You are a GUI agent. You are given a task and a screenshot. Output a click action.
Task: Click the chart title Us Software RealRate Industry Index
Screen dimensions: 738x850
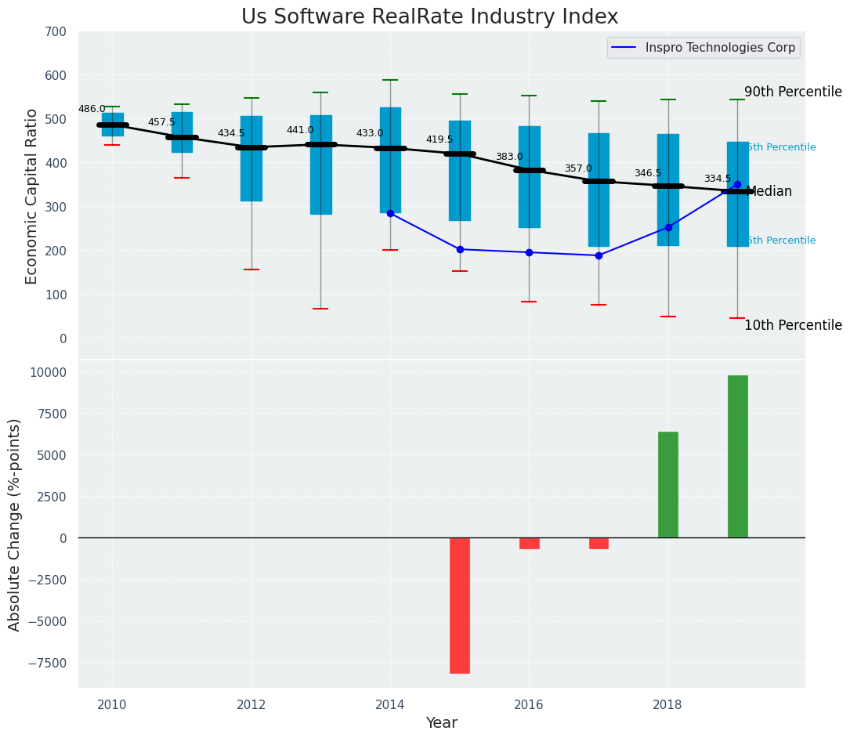(x=429, y=17)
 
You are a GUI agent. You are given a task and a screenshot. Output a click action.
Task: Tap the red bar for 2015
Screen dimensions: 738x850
(x=460, y=605)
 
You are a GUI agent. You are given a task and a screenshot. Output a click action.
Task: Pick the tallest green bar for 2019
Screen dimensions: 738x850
(x=737, y=457)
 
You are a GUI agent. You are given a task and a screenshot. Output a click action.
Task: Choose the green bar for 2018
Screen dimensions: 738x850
(x=667, y=484)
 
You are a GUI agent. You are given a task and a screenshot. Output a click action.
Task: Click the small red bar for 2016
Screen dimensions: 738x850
(x=529, y=543)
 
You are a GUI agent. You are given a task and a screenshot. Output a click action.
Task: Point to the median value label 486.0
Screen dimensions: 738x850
(x=92, y=109)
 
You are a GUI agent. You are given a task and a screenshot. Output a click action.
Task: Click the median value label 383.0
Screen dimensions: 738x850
(x=508, y=157)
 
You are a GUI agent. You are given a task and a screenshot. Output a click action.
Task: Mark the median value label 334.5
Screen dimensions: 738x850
(x=717, y=179)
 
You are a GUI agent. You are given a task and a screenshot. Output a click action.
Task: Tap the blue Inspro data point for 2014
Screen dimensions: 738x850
(x=390, y=213)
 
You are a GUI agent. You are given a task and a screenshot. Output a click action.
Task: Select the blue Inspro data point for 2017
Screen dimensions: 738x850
(x=599, y=255)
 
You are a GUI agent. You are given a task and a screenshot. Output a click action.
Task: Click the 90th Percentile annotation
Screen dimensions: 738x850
(x=793, y=92)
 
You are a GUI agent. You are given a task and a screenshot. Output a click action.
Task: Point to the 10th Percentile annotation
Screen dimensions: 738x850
(x=793, y=325)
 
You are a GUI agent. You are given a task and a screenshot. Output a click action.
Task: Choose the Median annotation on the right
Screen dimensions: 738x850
(x=769, y=191)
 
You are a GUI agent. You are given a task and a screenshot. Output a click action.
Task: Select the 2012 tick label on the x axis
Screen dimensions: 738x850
(x=251, y=704)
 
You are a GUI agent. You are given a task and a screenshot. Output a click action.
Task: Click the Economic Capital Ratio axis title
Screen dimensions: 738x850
(x=32, y=196)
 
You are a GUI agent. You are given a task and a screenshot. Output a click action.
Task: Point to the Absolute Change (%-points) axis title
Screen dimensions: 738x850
(x=15, y=524)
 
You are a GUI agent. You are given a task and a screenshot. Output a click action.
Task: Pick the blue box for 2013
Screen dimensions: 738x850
(x=320, y=165)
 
